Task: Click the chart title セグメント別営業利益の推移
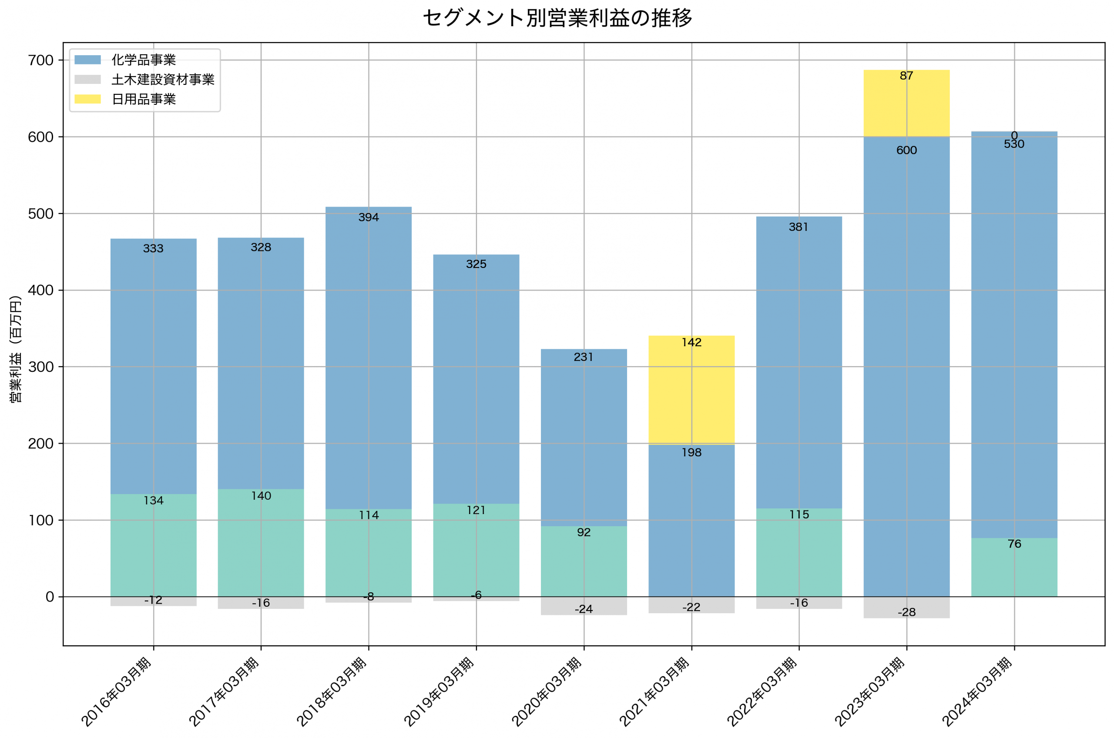point(557,18)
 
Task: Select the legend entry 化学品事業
point(144,60)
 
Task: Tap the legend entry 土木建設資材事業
point(162,80)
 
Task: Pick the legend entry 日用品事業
point(144,99)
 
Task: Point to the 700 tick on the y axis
point(41,60)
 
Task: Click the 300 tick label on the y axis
point(41,367)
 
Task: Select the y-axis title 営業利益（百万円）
point(16,349)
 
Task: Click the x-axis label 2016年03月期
point(117,691)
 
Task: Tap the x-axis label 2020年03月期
point(547,691)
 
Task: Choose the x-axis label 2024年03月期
point(978,691)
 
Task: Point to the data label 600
point(906,150)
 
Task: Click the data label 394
point(369,217)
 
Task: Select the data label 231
point(584,357)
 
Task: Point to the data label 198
point(691,453)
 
